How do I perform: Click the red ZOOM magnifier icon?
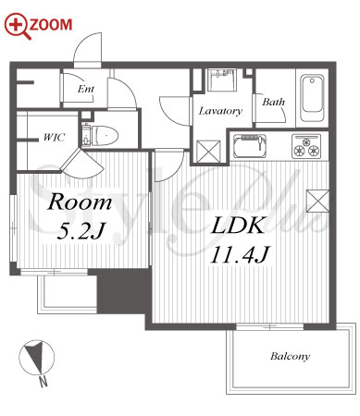pos(18,26)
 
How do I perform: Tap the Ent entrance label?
pos(86,90)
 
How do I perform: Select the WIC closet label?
pos(55,137)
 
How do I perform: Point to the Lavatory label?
pos(220,111)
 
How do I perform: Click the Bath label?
pos(273,102)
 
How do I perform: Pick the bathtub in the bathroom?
pos(312,98)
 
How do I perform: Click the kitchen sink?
pos(250,146)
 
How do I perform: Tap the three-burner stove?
pos(306,146)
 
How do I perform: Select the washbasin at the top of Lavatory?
pos(222,80)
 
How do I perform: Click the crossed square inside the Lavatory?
pos(208,152)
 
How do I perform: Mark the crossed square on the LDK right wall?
pos(317,202)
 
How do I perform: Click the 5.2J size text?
pos(81,231)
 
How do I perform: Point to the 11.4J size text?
pos(241,254)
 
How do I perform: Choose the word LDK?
pos(238,226)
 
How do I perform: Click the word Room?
pos(80,202)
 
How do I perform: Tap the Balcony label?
pos(290,357)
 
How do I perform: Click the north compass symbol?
pos(36,358)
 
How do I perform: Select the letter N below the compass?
pos(43,382)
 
